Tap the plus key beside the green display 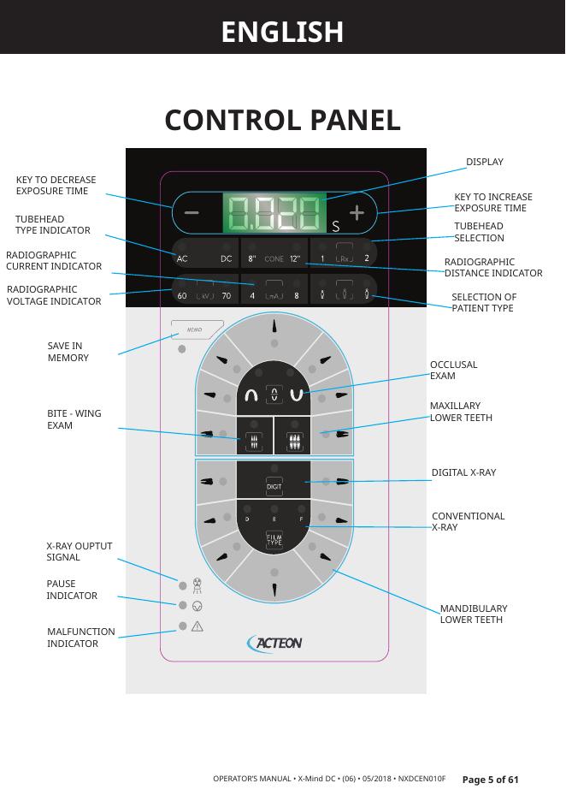click(x=357, y=213)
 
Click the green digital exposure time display click(x=274, y=213)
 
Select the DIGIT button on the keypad click(x=274, y=486)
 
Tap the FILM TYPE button click(x=274, y=540)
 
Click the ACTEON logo click(x=274, y=643)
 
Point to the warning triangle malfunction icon click(x=198, y=626)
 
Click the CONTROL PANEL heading click(x=282, y=121)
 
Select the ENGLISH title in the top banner click(x=282, y=32)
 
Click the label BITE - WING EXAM click(x=74, y=419)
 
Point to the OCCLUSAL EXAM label click(x=453, y=371)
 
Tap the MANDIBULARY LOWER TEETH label click(x=474, y=614)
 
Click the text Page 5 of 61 click(x=490, y=780)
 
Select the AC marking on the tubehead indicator click(x=182, y=258)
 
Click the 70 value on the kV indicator click(x=227, y=296)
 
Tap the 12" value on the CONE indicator click(x=295, y=258)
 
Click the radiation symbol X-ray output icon click(x=198, y=585)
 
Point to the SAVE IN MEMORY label click(x=68, y=352)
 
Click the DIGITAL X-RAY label click(x=463, y=472)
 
